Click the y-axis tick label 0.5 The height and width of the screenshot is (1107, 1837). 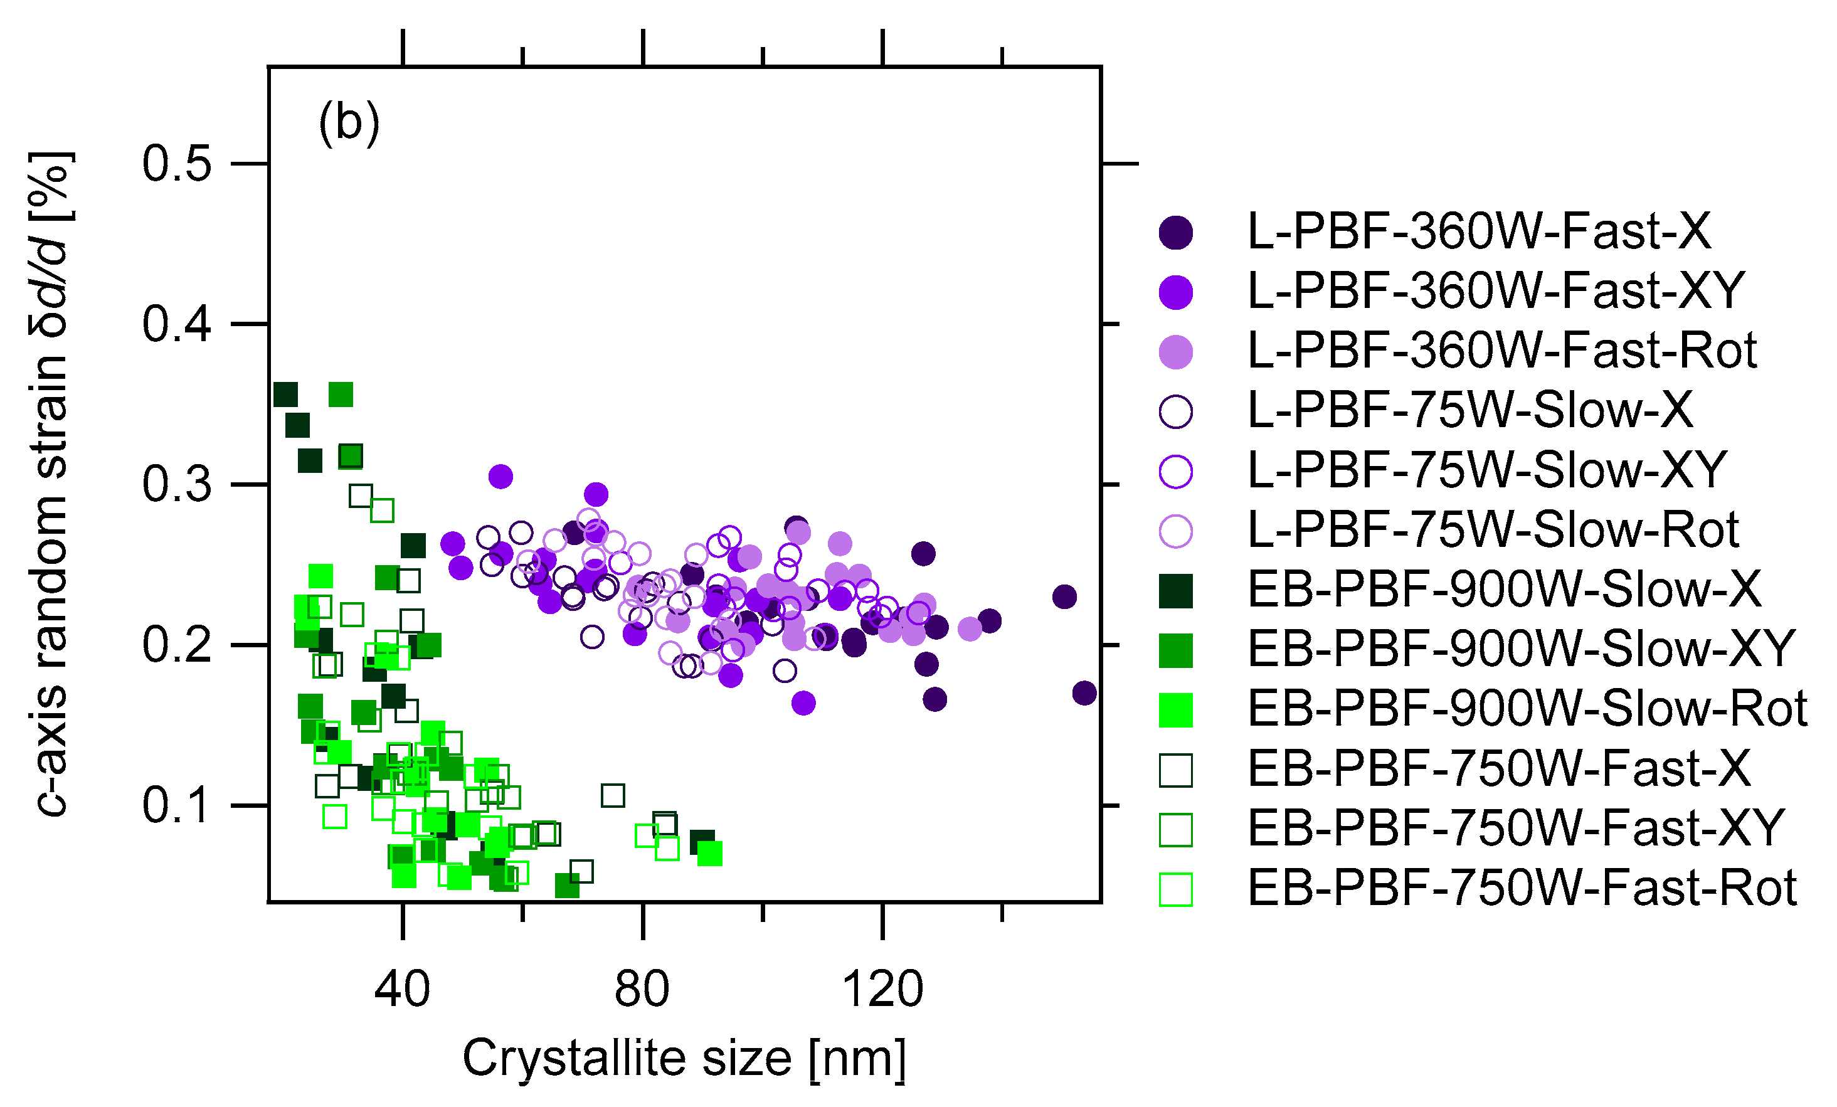tap(177, 163)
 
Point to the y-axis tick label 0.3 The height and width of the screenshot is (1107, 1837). tap(177, 485)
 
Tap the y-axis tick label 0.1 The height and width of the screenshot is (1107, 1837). tap(177, 806)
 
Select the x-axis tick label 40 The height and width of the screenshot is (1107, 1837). tap(403, 990)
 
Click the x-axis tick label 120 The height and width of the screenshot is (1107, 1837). tap(882, 990)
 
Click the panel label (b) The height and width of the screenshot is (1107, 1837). tap(349, 122)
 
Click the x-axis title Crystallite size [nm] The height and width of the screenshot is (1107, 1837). tap(684, 1058)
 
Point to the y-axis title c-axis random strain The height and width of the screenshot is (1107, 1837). tap(51, 485)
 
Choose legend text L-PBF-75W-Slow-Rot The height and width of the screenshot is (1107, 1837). tap(1493, 530)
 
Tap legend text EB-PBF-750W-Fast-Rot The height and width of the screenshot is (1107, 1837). tap(1522, 888)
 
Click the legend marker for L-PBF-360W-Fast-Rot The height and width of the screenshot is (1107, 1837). tap(1176, 352)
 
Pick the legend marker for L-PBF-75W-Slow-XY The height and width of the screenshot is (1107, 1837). tap(1176, 471)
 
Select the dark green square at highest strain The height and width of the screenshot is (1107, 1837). tap(285, 395)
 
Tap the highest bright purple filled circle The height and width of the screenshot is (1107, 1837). tap(501, 475)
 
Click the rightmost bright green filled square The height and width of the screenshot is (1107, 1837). tap(710, 854)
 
